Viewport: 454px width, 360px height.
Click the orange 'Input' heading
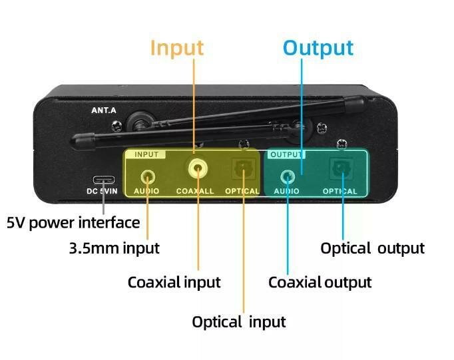tap(176, 48)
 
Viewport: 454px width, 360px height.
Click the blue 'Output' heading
tap(318, 48)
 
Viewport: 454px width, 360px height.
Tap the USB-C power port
tap(103, 180)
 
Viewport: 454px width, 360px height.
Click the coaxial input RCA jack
tap(196, 169)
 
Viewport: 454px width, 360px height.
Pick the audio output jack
tap(288, 176)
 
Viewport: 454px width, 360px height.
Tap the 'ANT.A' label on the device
tap(104, 111)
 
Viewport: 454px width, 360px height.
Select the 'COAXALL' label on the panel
tap(195, 192)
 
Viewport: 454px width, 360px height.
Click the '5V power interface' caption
tap(73, 222)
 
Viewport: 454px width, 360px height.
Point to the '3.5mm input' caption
tap(114, 248)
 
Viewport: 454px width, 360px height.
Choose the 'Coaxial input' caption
tap(174, 281)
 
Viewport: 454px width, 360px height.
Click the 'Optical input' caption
tap(238, 322)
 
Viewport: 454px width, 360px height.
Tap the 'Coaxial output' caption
tap(320, 281)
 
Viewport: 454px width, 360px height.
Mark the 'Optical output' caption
tap(372, 248)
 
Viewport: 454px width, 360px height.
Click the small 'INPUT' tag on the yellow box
tap(146, 154)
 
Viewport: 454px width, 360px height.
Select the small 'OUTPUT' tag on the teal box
tap(285, 154)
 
